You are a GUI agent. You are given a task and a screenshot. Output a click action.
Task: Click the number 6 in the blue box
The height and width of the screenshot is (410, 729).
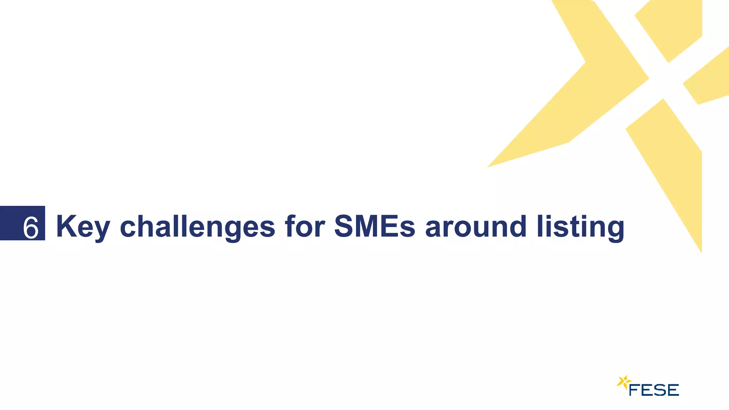(31, 227)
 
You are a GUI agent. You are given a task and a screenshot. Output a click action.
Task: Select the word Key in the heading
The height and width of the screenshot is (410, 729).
(83, 227)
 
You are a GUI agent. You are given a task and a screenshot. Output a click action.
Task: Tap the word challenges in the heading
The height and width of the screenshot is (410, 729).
(197, 227)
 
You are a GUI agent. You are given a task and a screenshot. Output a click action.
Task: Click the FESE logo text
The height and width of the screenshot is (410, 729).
(654, 390)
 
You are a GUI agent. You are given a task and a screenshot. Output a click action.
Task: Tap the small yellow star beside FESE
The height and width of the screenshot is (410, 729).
(623, 382)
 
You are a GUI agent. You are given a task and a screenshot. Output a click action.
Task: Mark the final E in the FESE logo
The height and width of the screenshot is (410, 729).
(673, 390)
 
